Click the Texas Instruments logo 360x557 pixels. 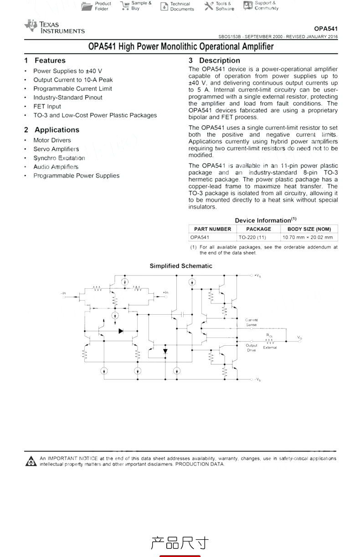point(54,27)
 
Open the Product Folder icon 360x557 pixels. point(87,6)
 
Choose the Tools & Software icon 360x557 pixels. point(209,6)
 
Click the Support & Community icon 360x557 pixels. point(248,5)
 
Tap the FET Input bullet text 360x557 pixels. point(47,107)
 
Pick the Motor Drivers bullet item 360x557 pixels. point(52,140)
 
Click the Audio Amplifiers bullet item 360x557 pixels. point(56,167)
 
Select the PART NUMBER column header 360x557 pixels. point(212,229)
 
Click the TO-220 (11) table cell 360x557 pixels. point(252,237)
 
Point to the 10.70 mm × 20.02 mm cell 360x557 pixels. point(308,237)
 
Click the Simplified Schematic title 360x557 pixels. point(181,266)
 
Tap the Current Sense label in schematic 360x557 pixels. point(252,322)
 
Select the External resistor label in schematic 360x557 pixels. point(270,347)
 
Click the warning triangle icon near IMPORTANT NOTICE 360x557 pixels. point(31,461)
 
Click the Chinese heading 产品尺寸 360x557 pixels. point(180,543)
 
